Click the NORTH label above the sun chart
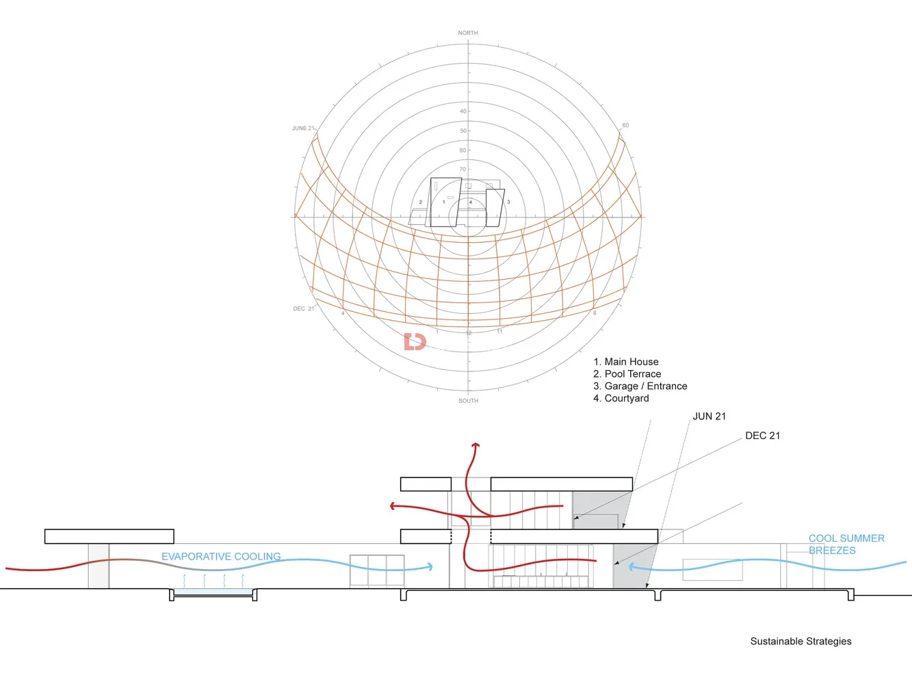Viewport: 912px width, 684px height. point(468,33)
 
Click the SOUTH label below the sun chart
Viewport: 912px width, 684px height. point(468,401)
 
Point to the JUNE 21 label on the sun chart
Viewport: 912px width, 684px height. point(303,129)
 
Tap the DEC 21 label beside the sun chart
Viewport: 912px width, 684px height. point(303,308)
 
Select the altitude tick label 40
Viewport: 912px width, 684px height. point(463,111)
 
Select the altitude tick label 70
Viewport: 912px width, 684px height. point(462,169)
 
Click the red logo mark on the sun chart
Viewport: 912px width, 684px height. point(415,341)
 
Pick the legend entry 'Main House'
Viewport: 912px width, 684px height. point(626,362)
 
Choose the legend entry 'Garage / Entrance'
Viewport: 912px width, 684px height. point(640,386)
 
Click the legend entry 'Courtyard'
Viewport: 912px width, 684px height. point(621,399)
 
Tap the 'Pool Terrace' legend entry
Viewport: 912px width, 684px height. point(627,374)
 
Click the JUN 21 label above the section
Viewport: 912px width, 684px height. point(709,416)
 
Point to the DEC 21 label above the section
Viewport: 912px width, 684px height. point(762,436)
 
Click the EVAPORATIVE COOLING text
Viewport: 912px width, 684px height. point(221,557)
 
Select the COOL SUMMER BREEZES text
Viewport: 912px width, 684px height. point(846,544)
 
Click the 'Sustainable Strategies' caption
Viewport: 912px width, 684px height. point(800,642)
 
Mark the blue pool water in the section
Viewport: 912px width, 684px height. point(212,592)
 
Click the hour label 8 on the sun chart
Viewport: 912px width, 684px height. point(595,313)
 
